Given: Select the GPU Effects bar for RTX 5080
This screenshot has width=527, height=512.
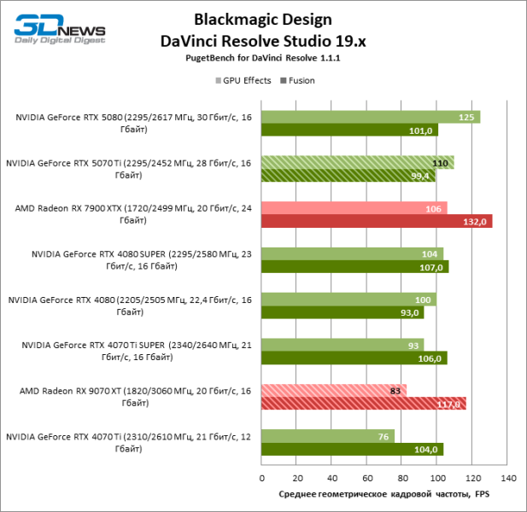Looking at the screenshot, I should pyautogui.click(x=370, y=117).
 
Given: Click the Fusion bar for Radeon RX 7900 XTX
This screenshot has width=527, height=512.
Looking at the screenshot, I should pyautogui.click(x=376, y=222).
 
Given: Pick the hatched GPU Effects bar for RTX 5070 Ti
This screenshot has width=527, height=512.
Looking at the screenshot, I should pyautogui.click(x=357, y=163).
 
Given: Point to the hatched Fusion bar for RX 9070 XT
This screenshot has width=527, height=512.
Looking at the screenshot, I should pyautogui.click(x=363, y=404).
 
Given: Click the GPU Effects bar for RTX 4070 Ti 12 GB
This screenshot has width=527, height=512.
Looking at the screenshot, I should pyautogui.click(x=327, y=437).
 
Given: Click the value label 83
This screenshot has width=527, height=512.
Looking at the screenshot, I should pyautogui.click(x=395, y=391).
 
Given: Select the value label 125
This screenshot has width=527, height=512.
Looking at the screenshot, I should pyautogui.click(x=466, y=117).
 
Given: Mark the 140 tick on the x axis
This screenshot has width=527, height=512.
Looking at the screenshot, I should pyautogui.click(x=508, y=478).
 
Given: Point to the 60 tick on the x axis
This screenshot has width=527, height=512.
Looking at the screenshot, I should pyautogui.click(x=367, y=478).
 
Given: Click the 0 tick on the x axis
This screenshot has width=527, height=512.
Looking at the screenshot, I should pyautogui.click(x=261, y=478).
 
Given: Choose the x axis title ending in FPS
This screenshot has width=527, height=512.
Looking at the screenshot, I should pyautogui.click(x=384, y=494).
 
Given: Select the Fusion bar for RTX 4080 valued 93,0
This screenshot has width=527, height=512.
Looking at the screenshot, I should pyautogui.click(x=342, y=312).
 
